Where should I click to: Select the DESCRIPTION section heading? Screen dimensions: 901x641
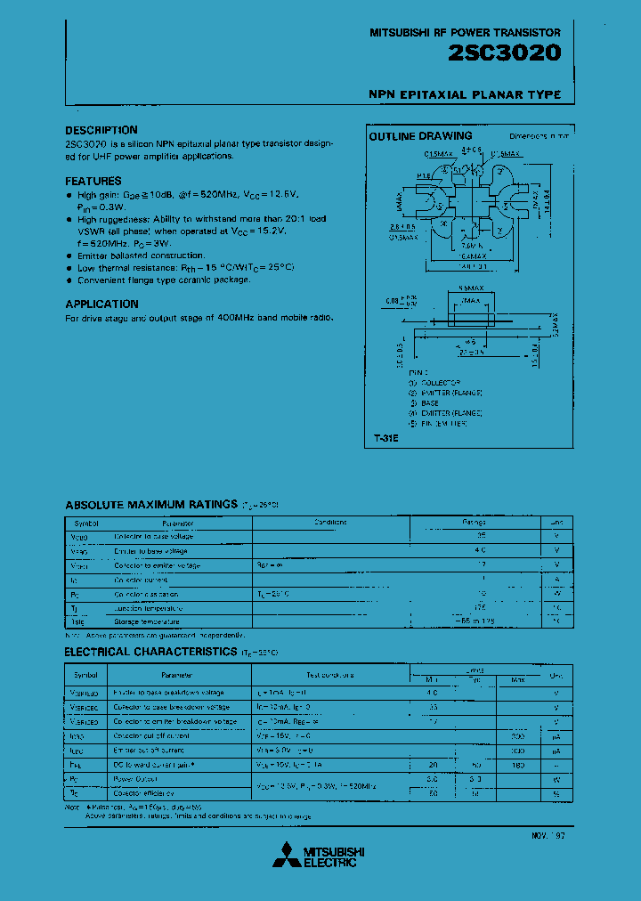tap(101, 130)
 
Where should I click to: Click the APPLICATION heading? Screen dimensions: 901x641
tap(101, 304)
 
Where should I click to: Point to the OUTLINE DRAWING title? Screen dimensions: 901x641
tap(420, 136)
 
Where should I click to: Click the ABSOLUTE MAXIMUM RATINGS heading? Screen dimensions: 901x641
tap(151, 504)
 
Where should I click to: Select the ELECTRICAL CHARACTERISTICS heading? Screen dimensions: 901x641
tap(150, 652)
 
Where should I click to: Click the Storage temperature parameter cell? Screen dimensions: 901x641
tap(147, 621)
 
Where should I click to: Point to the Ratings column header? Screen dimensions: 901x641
tap(474, 523)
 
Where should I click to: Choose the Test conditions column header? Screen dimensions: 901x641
tap(330, 676)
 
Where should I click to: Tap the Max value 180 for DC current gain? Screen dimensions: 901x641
tap(518, 764)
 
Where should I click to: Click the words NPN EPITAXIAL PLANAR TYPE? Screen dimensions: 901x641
tap(464, 94)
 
